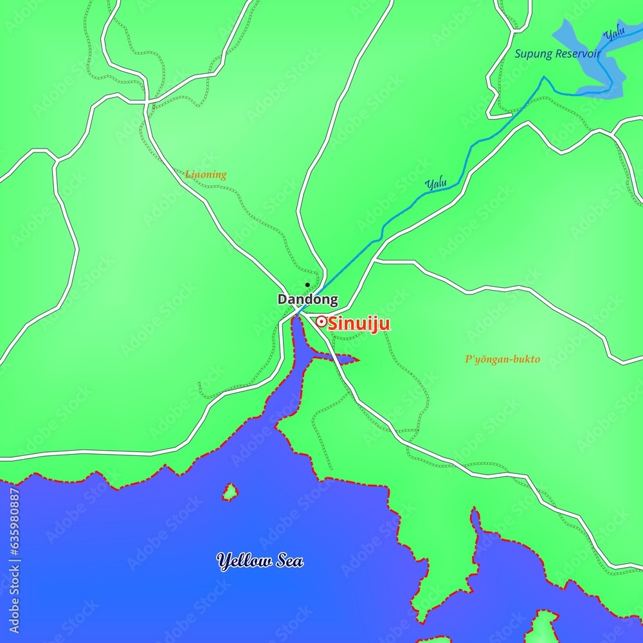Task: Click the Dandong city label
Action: pos(307,300)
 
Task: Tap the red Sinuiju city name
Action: pos(359,324)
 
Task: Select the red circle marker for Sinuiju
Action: pos(320,321)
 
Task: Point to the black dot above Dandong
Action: pos(307,285)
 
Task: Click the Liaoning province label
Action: pos(206,174)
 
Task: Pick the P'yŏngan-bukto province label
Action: pos(502,359)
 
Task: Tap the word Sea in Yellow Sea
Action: pos(287,561)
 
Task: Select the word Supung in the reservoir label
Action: pos(533,54)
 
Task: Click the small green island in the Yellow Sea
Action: pos(230,493)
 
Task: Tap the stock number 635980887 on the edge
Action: pos(15,531)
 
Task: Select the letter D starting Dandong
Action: pos(282,300)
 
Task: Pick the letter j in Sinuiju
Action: pos(376,325)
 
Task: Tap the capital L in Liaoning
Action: pos(188,174)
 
